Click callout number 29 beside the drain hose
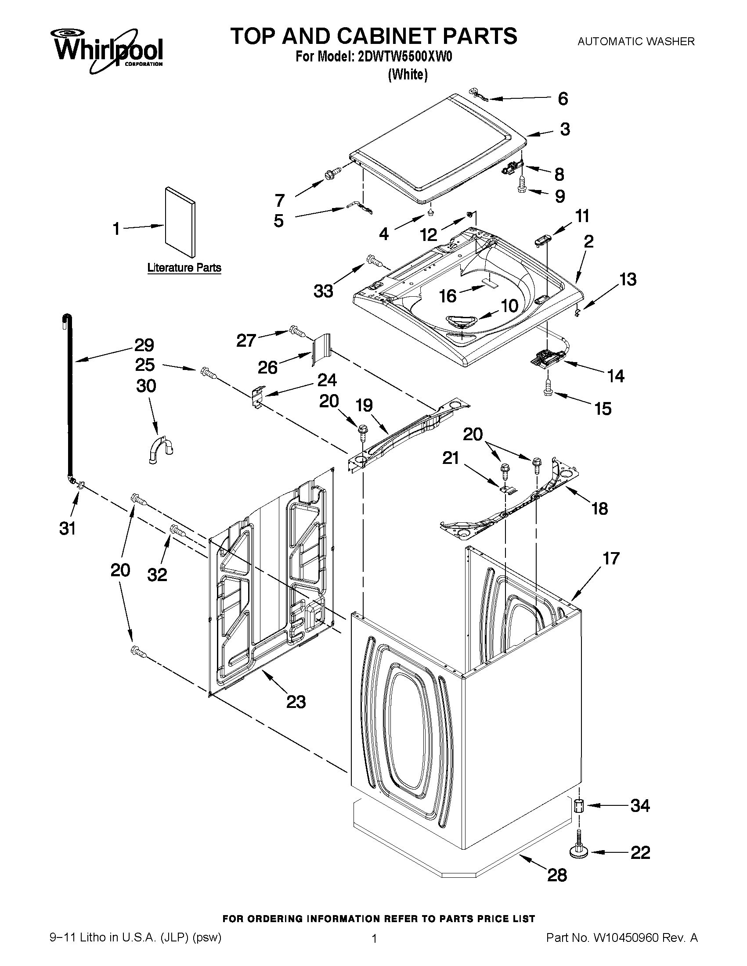click(x=144, y=345)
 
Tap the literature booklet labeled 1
click(x=179, y=222)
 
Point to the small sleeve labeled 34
click(x=579, y=806)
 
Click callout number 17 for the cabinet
click(x=611, y=558)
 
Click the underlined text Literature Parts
click(x=184, y=268)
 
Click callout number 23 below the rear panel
click(x=296, y=701)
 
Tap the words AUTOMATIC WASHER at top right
click(x=636, y=42)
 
